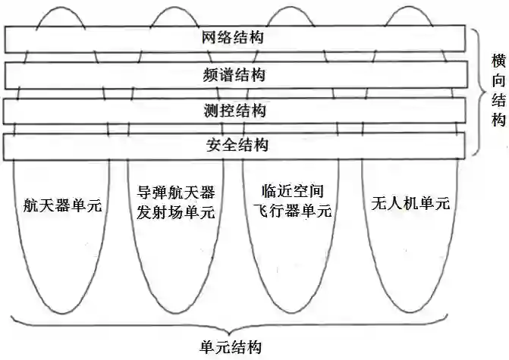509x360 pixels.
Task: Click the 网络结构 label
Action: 234,37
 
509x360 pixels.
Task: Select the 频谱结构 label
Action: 234,74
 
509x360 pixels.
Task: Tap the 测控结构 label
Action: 234,111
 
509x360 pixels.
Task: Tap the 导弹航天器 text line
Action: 171,194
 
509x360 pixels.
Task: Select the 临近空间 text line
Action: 288,194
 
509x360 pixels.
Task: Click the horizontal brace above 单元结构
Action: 231,324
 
